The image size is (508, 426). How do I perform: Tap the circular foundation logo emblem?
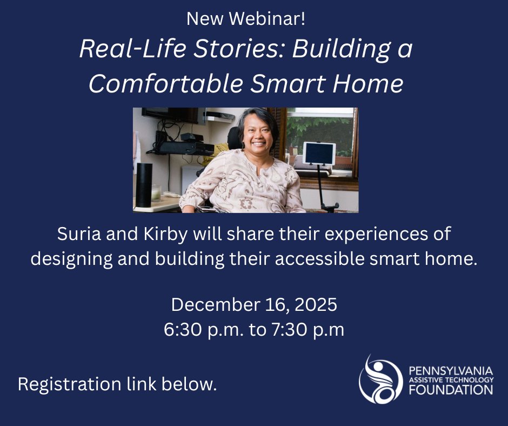click(x=380, y=380)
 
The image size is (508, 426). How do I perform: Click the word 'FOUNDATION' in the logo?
click(x=451, y=389)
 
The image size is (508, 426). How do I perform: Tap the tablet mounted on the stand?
click(x=318, y=154)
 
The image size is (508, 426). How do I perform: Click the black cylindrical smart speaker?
click(x=144, y=184)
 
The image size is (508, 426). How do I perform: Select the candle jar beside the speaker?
click(x=157, y=192)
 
